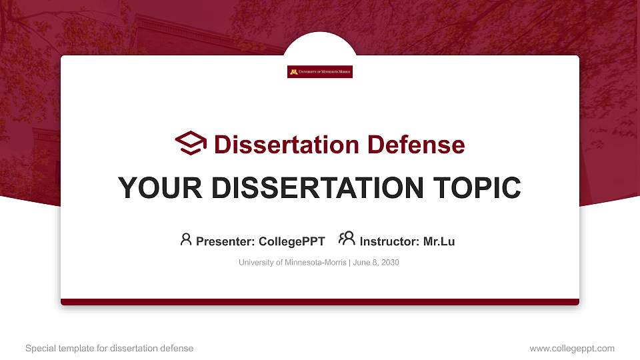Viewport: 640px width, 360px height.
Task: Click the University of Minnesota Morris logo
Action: [320, 72]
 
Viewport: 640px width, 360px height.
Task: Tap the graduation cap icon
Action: [191, 143]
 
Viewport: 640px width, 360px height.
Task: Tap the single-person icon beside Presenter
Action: [186, 239]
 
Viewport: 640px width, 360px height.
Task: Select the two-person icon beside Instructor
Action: [347, 239]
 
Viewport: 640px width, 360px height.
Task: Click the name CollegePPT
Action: [291, 241]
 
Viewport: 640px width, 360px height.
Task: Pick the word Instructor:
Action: [389, 241]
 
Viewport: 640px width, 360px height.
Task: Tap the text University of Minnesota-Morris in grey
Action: [292, 263]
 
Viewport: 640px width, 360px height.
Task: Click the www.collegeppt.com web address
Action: [571, 348]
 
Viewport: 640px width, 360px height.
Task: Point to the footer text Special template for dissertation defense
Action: [109, 348]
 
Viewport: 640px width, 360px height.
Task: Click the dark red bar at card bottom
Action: [320, 302]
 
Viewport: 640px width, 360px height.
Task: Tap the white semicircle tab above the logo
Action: [320, 45]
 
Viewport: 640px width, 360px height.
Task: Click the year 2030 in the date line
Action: [389, 263]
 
